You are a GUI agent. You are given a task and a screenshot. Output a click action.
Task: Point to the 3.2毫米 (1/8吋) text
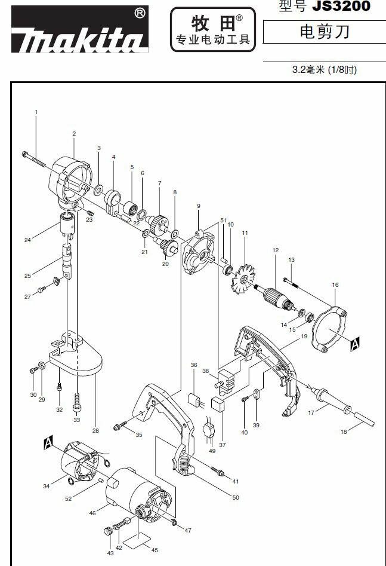[324, 70]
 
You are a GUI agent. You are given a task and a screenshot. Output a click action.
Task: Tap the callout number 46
[92, 513]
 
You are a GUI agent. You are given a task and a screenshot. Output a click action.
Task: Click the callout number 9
[197, 206]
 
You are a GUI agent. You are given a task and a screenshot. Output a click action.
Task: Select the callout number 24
[27, 240]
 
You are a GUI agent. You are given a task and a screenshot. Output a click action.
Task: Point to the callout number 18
[342, 432]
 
